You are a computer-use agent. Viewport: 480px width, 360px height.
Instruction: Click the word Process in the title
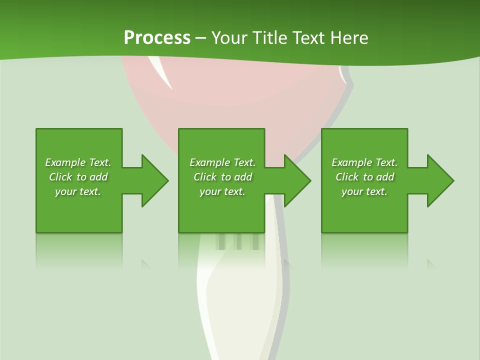point(157,38)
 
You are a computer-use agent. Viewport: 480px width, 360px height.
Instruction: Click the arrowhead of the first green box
point(153,180)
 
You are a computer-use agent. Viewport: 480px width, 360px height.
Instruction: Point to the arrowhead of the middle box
point(296,180)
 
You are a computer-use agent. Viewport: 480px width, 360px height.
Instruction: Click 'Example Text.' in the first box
point(78,162)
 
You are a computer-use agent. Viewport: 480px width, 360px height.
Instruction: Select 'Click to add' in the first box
point(78,177)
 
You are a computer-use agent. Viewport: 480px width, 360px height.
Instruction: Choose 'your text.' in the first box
point(78,191)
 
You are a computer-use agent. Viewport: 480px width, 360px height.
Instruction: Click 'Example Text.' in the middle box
point(222,162)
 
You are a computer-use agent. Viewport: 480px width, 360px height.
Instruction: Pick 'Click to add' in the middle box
point(222,177)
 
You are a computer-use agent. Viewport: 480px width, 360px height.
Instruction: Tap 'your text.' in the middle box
point(222,191)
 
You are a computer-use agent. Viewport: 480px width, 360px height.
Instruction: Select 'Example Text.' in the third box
point(364,162)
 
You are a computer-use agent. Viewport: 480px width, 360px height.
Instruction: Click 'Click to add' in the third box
point(364,177)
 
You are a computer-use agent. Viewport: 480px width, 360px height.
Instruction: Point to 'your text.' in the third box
point(364,191)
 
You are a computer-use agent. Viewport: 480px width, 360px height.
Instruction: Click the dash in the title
point(201,38)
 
